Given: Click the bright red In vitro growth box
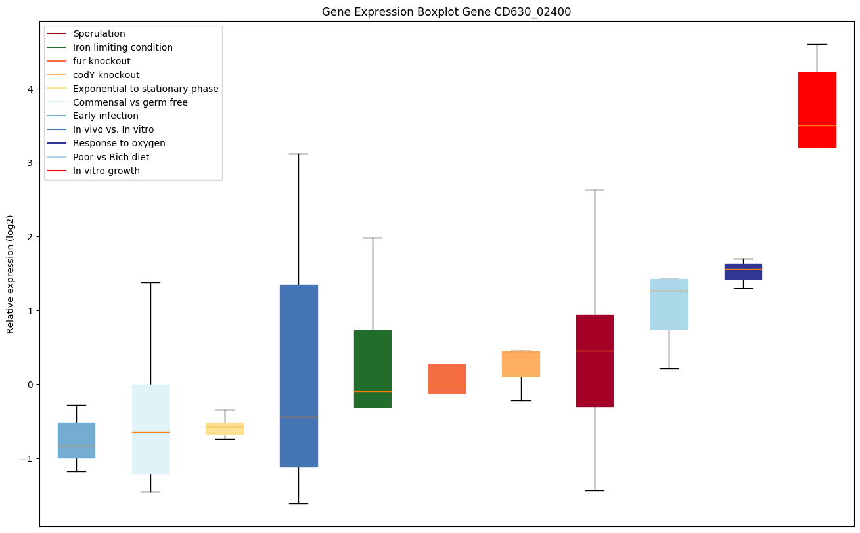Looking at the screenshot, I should coord(817,110).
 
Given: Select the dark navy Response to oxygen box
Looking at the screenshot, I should coord(743,272).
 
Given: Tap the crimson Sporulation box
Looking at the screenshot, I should coord(595,361).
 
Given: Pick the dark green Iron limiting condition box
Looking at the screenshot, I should coord(373,368).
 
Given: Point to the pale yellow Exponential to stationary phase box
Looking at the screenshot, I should coord(225,429).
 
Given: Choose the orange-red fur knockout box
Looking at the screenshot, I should coord(447,379).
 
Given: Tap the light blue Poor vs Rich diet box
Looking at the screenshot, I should coord(669,304).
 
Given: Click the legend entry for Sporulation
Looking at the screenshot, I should coord(99,33).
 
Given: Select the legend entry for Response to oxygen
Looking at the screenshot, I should coord(119,143).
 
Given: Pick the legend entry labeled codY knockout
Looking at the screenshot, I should coord(106,75).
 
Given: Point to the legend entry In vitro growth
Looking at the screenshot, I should coord(106,171).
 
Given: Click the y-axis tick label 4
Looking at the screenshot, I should coord(30,89).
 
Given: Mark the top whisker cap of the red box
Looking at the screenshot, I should coord(817,44).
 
